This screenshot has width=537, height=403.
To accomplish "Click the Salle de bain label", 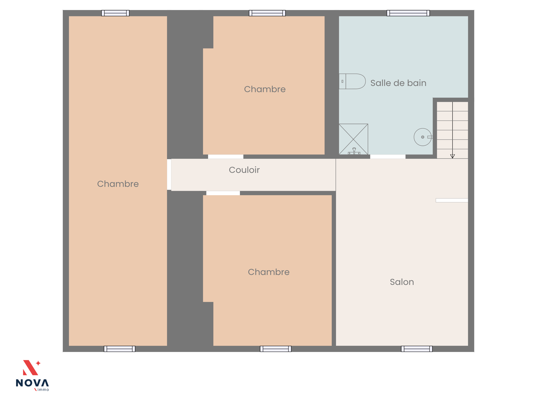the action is tap(398, 83).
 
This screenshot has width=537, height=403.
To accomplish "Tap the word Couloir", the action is tap(244, 170).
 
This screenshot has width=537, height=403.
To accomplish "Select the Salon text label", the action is tap(402, 282).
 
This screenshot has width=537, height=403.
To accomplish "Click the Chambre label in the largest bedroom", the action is tap(118, 184).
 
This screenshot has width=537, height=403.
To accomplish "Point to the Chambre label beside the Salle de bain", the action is tap(265, 89).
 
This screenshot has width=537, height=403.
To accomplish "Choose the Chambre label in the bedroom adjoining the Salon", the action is tap(268, 272).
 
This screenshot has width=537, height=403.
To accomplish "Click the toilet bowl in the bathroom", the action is tap(355, 81).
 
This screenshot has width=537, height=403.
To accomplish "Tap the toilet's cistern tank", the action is tap(342, 81).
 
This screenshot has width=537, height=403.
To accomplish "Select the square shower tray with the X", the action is tap(353, 139).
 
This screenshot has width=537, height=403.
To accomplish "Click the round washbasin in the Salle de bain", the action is tap(423, 137).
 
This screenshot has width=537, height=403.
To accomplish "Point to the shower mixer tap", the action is tap(354, 151).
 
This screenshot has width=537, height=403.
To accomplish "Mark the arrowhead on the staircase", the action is tap(452, 156).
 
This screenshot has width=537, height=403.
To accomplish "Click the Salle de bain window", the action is tap(408, 13).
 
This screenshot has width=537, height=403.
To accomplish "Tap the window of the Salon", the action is tap(417, 349).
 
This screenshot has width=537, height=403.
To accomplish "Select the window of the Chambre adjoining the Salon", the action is tap(276, 349).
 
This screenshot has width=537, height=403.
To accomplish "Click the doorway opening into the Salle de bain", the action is tap(388, 156).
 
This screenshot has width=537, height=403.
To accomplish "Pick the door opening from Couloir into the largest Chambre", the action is tap(169, 174).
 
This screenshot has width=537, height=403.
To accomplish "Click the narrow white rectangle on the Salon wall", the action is tap(452, 200).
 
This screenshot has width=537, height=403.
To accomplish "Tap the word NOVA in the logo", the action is tap(32, 383).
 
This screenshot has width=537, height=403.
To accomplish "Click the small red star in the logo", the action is tap(38, 363).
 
